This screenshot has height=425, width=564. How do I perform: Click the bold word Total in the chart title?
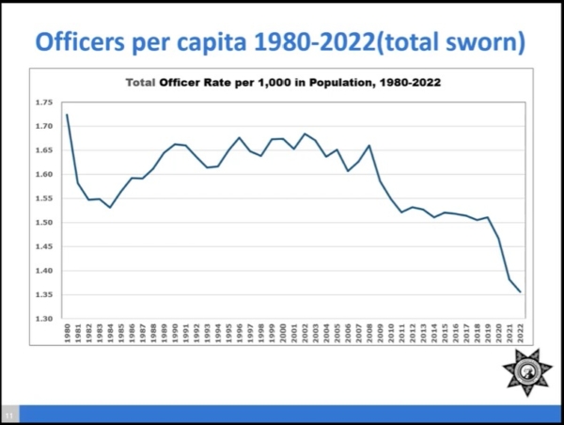tap(140, 83)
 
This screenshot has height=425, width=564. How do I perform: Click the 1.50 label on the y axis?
tap(44, 223)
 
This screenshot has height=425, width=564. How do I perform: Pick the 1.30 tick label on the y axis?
tap(44, 319)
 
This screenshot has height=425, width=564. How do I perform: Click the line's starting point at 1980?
tap(67, 115)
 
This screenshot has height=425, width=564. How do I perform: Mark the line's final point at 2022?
tap(521, 291)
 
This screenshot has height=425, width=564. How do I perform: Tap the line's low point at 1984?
tap(110, 208)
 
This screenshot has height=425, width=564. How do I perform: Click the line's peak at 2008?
tap(369, 145)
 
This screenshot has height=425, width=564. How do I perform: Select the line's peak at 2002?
tap(305, 134)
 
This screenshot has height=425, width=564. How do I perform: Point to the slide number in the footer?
tap(10, 414)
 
